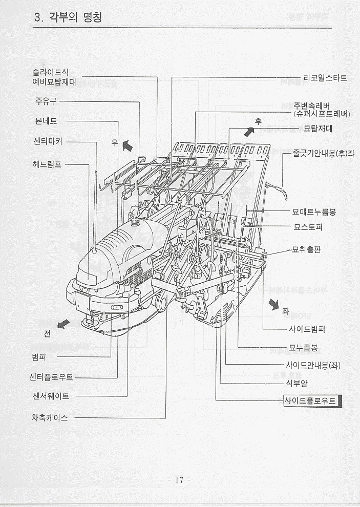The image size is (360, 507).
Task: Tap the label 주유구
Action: pyautogui.click(x=46, y=101)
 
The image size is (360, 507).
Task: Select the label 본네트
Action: pyautogui.click(x=46, y=121)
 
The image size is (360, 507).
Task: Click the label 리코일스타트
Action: pyautogui.click(x=325, y=78)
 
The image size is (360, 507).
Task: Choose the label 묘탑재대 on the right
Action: pyautogui.click(x=318, y=128)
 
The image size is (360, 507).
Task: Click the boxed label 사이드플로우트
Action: pyautogui.click(x=311, y=401)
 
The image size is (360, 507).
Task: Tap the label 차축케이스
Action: pyautogui.click(x=50, y=417)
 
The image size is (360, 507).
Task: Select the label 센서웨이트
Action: pyautogui.click(x=50, y=396)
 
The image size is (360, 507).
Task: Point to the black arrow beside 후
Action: pyautogui.click(x=249, y=132)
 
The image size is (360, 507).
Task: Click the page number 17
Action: pyautogui.click(x=179, y=480)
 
